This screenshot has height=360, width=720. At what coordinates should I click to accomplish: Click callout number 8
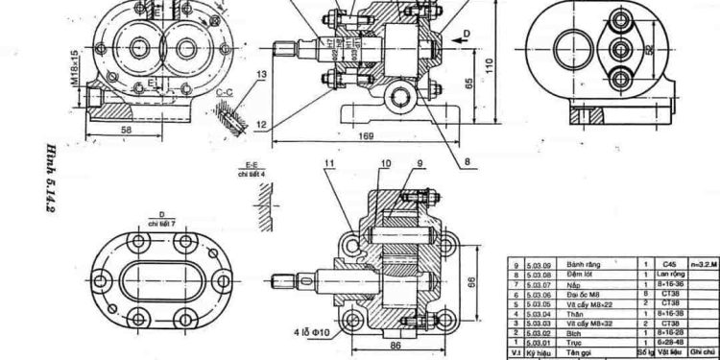(x=467, y=162)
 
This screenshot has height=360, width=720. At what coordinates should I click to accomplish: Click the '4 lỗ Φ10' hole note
(x=314, y=333)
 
